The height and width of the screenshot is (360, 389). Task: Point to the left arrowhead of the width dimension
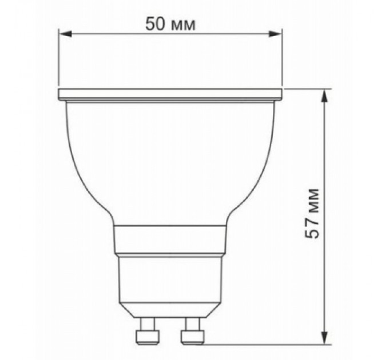(65, 35)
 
